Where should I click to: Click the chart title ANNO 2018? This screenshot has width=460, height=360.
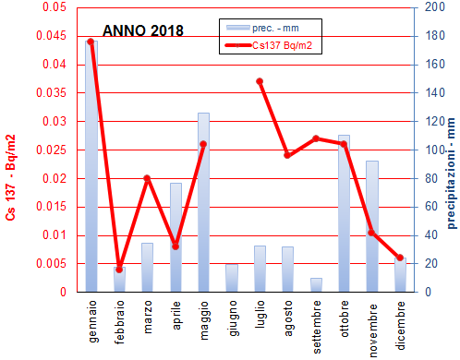tap(142, 30)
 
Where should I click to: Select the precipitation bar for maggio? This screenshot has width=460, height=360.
tap(203, 203)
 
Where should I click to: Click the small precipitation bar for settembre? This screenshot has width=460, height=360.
tap(316, 284)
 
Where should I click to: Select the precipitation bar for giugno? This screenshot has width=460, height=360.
tap(231, 278)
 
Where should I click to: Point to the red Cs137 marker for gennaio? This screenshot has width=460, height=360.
tap(91, 42)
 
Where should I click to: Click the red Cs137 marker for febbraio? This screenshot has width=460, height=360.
tap(119, 269)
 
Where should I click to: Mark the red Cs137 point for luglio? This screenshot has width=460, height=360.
tap(260, 81)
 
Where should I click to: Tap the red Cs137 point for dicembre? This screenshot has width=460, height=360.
tap(400, 258)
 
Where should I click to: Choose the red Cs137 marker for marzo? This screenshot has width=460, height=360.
tap(147, 178)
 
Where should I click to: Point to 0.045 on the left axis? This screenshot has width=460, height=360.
tap(54, 36)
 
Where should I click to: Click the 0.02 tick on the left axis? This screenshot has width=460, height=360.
tap(57, 178)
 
